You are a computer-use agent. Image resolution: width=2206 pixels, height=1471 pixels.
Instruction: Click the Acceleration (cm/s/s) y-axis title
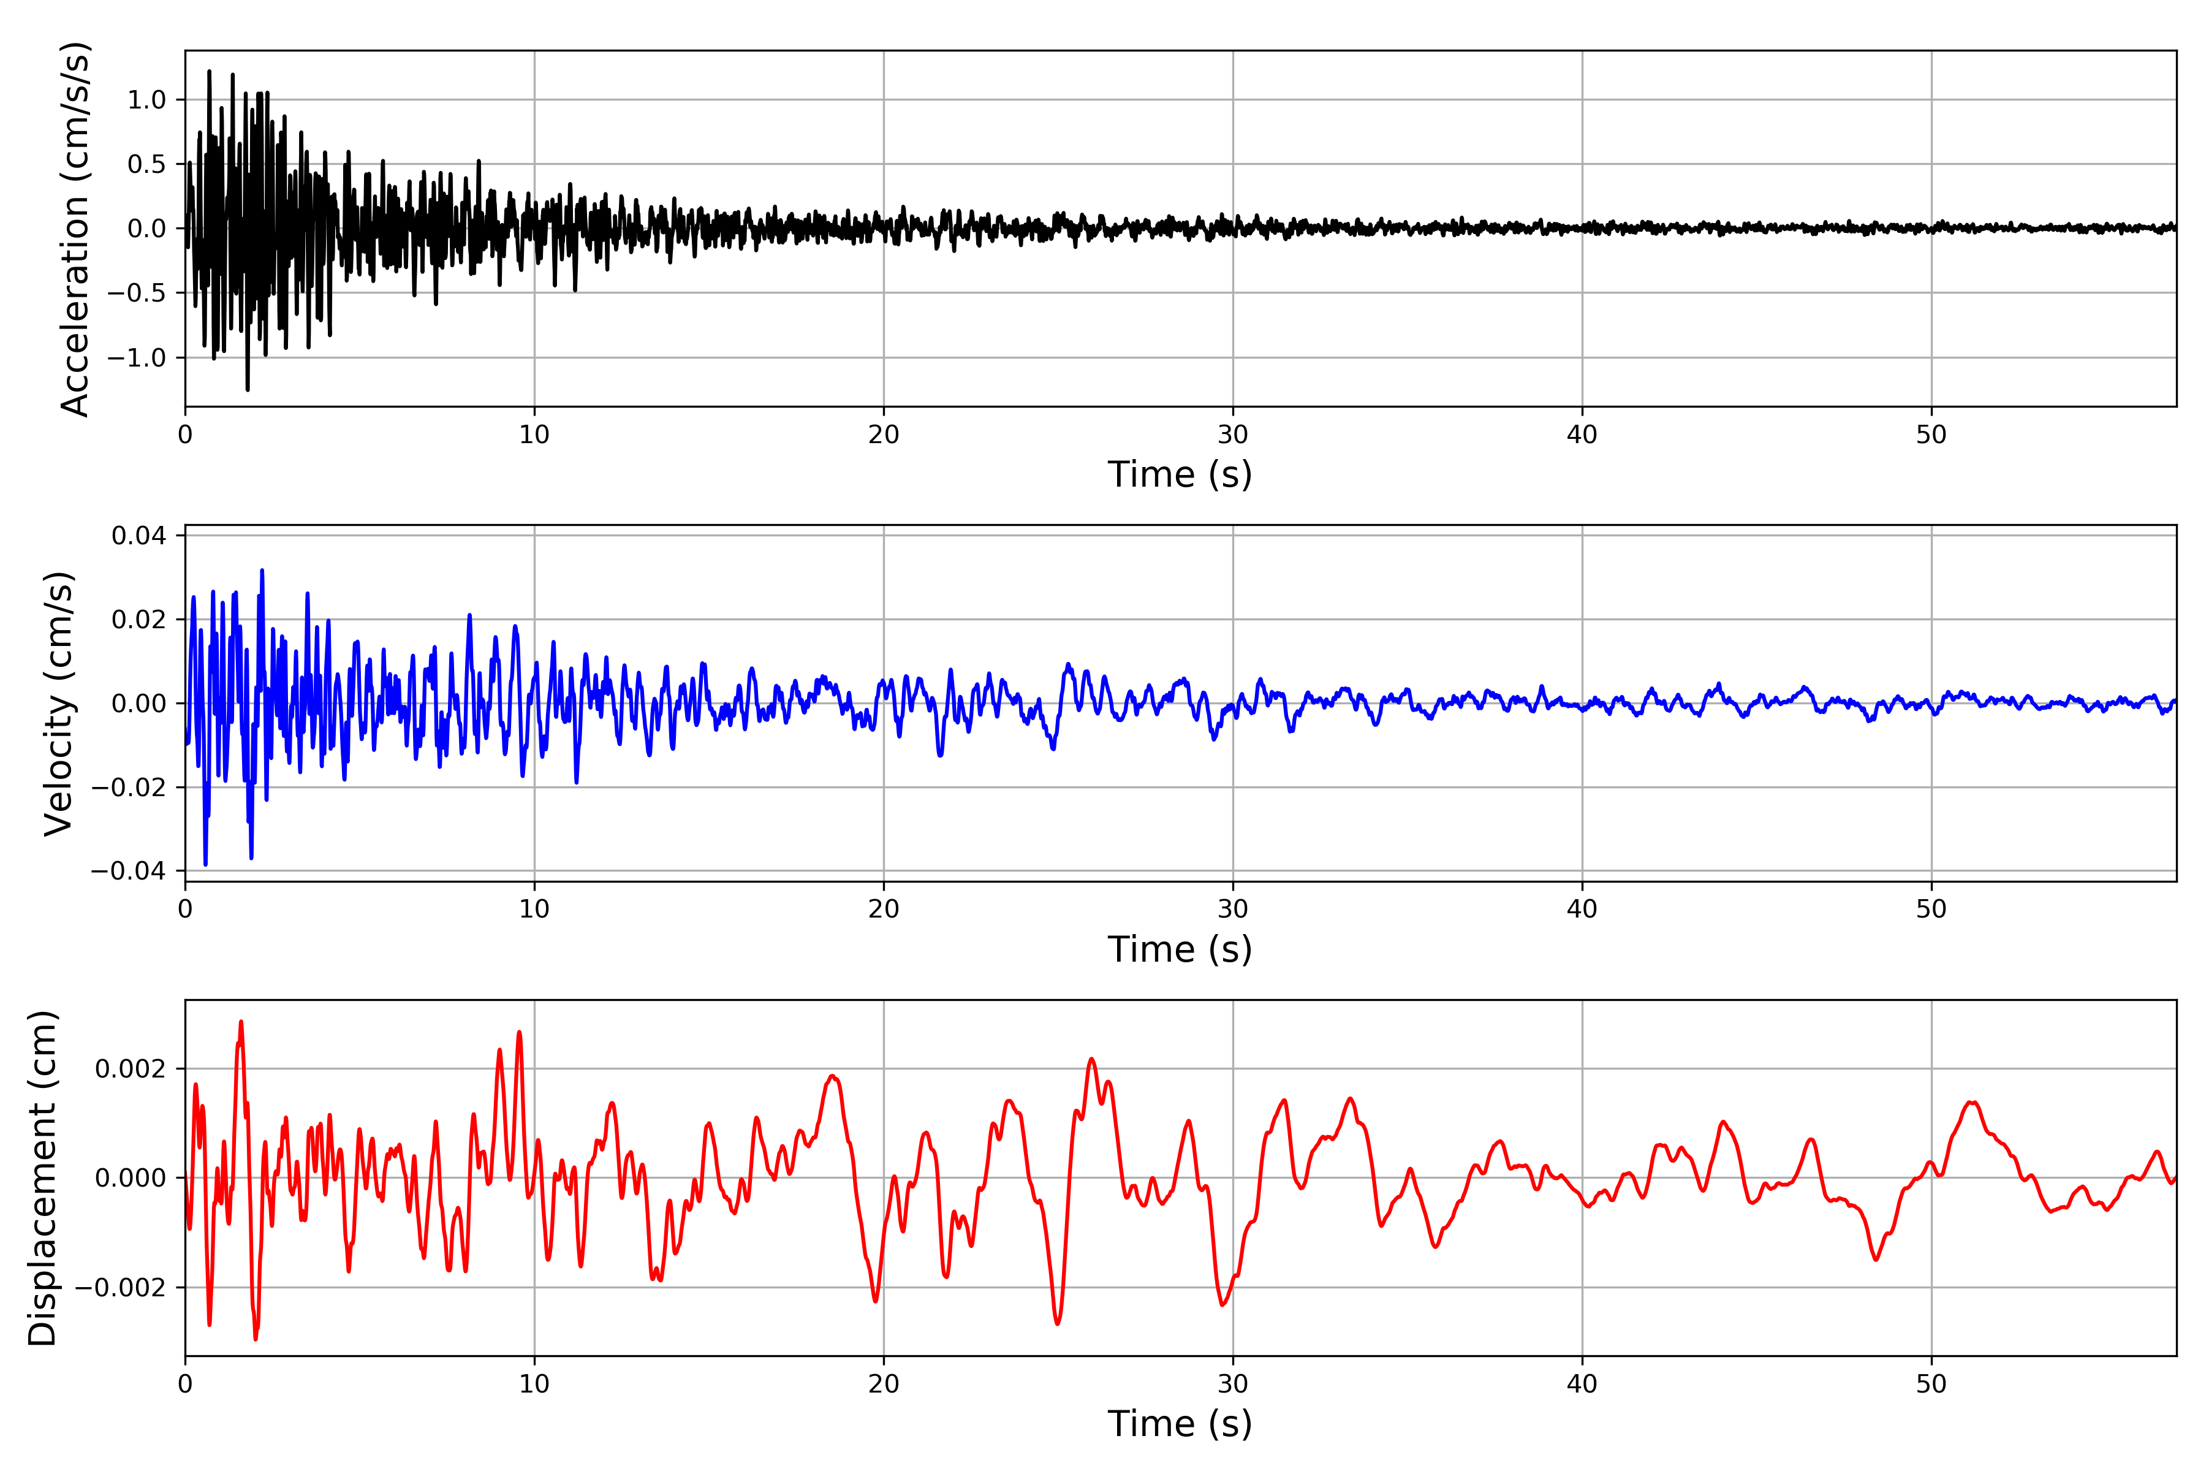point(75,228)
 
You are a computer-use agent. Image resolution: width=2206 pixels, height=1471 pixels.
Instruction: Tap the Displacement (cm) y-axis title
point(42,1177)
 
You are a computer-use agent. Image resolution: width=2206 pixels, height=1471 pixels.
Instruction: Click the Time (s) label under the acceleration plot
point(1179,474)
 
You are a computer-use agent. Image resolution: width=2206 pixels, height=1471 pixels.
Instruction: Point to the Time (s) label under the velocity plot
point(1179,949)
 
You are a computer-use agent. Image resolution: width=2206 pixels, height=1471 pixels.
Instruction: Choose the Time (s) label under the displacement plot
point(1179,1424)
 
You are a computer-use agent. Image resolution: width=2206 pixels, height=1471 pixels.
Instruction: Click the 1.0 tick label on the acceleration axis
point(146,99)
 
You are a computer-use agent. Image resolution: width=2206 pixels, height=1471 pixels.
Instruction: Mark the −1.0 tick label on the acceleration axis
point(136,357)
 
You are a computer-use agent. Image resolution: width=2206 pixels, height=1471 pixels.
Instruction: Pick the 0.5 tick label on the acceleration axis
point(146,164)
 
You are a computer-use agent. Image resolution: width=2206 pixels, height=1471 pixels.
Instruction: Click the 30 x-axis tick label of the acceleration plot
point(1232,435)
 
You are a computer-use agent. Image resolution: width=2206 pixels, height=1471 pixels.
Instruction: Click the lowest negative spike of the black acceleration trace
point(248,389)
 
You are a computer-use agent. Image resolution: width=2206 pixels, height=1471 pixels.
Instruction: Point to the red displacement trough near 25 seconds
point(1058,1323)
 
